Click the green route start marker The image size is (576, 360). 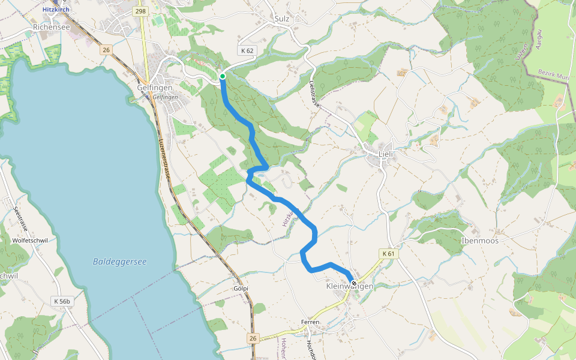coord(223,76)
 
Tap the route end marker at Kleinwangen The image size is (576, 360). coord(354,283)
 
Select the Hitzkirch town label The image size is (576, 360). coord(57,10)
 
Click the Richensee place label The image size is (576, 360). coord(52,27)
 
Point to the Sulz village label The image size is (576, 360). coord(281,19)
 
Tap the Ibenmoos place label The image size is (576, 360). coord(479,241)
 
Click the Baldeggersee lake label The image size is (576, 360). coord(120,262)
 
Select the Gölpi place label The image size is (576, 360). coord(241,289)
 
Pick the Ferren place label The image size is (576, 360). coord(311,322)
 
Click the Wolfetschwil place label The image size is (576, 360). coord(30,241)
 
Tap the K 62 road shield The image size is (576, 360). coord(246,51)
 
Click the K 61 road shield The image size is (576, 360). coord(389,254)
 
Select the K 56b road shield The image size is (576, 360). coord(62,301)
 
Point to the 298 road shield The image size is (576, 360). coord(141,11)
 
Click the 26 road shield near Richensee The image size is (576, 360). coord(106,50)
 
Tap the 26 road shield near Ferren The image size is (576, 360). coord(253,339)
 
